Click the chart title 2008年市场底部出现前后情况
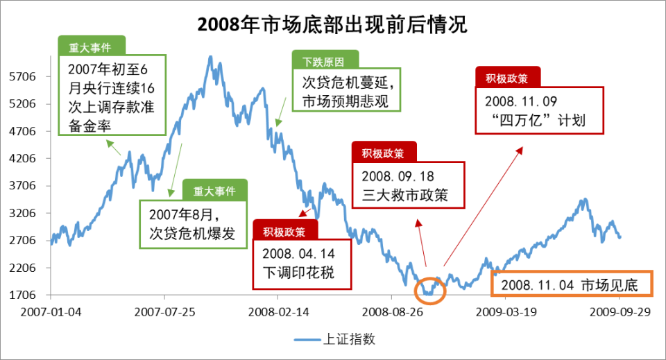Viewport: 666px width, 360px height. (x=332, y=24)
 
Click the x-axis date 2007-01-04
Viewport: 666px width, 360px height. (x=51, y=311)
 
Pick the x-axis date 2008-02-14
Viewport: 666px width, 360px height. (x=277, y=311)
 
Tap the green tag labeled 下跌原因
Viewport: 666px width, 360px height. (x=325, y=61)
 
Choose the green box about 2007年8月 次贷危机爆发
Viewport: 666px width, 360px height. (x=194, y=223)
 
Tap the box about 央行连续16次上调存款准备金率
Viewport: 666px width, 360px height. (x=112, y=96)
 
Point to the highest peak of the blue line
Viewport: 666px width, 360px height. (x=211, y=56)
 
